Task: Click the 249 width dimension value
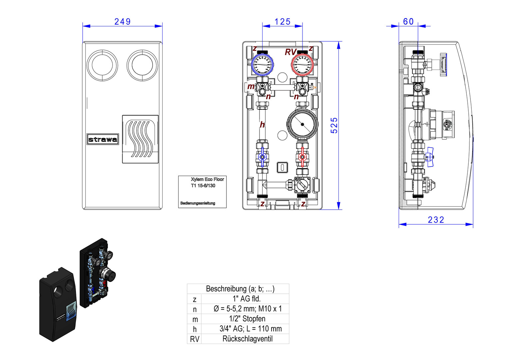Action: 122,22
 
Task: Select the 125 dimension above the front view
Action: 282,22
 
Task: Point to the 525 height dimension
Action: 334,125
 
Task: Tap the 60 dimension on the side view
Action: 408,22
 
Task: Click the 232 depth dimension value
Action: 436,220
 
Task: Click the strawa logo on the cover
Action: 103,139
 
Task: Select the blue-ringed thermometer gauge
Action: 262,64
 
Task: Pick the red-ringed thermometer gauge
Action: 302,64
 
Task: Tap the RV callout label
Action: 290,52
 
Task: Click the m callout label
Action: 251,87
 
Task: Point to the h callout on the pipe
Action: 262,125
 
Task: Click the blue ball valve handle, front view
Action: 262,157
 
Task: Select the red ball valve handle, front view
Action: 302,157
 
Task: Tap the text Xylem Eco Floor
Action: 207,179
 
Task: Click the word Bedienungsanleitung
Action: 198,203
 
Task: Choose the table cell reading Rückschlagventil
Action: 247,339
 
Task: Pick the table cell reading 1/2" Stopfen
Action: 247,319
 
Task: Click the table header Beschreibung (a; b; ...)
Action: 240,289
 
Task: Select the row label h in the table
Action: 195,329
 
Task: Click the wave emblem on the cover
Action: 140,139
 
